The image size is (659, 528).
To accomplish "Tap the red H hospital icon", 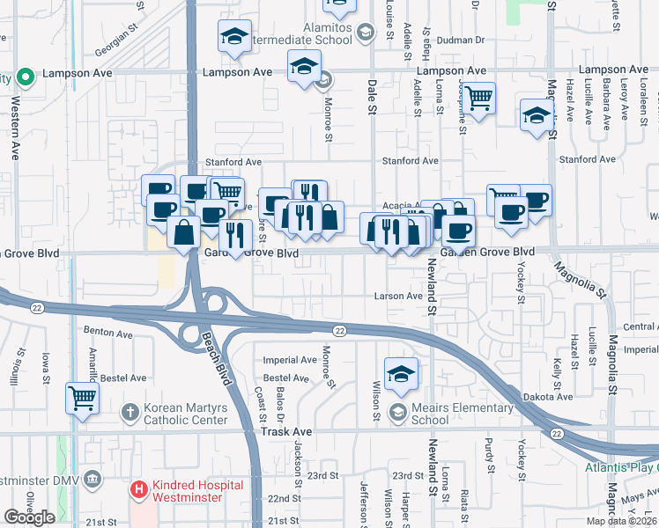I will pyautogui.click(x=137, y=488).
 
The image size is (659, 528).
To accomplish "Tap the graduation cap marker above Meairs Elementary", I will pyautogui.click(x=401, y=373).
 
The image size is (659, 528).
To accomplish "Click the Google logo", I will pyautogui.click(x=29, y=517).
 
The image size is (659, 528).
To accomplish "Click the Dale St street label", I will pyautogui.click(x=371, y=98).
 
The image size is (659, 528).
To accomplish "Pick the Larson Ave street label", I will pyautogui.click(x=398, y=297).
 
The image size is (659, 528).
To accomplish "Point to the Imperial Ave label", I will pyautogui.click(x=290, y=360).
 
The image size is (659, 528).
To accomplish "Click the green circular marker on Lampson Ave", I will pyautogui.click(x=26, y=77).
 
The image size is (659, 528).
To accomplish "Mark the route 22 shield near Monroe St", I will pyautogui.click(x=339, y=330).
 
